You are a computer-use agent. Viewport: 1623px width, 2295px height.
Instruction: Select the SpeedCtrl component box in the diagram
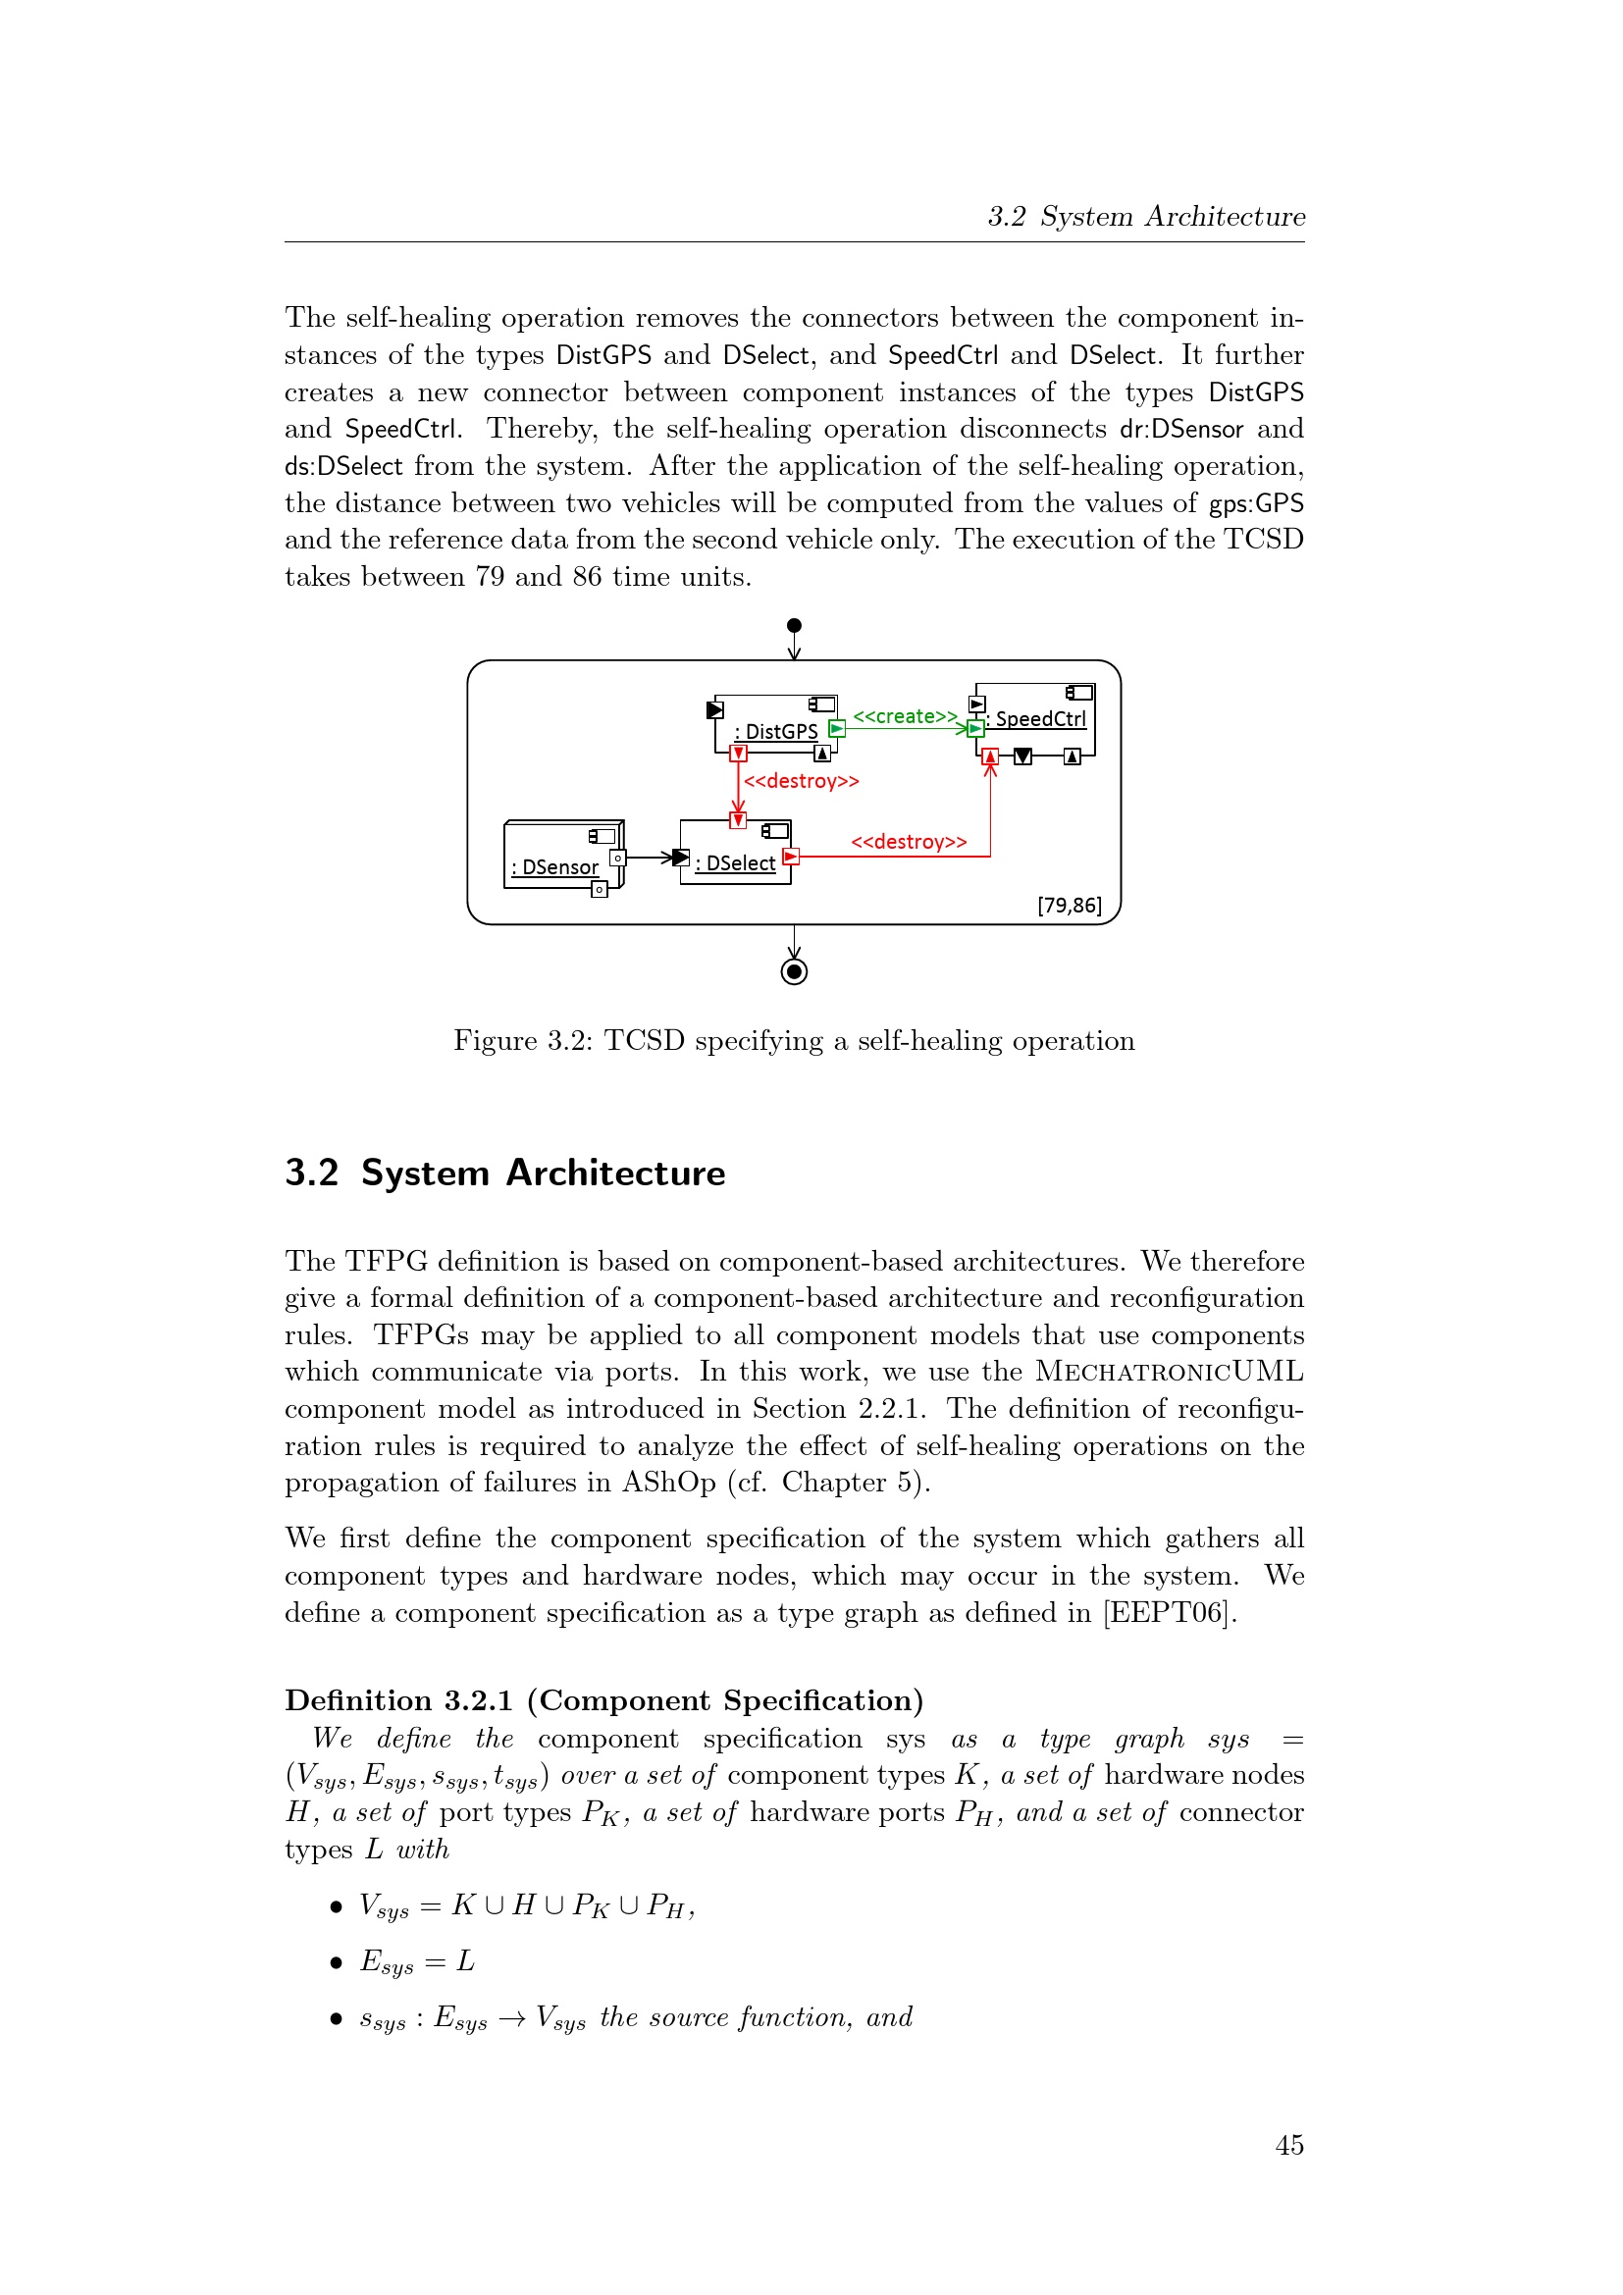(1035, 718)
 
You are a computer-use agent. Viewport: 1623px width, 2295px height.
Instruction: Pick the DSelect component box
(736, 853)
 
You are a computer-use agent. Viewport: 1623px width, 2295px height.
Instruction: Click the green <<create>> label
(905, 715)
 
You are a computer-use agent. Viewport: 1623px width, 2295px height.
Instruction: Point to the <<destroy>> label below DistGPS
(802, 781)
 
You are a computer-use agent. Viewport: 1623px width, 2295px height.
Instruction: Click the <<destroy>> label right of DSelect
(909, 842)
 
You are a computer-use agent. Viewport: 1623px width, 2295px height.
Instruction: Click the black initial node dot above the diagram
(795, 626)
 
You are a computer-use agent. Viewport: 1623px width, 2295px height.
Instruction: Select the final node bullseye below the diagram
(795, 971)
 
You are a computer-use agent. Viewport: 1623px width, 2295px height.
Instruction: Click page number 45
(1289, 2145)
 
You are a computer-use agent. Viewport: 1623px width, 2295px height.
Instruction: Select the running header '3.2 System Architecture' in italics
(1146, 216)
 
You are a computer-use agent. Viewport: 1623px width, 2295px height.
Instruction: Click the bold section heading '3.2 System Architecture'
(504, 1173)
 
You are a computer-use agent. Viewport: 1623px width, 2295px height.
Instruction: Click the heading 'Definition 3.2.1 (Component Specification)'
(603, 1700)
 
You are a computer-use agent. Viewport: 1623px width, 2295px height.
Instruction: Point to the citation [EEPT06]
(1170, 1612)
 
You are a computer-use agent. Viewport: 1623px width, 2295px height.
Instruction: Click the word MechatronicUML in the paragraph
(1170, 1372)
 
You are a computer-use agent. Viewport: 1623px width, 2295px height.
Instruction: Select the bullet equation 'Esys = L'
(417, 1961)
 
